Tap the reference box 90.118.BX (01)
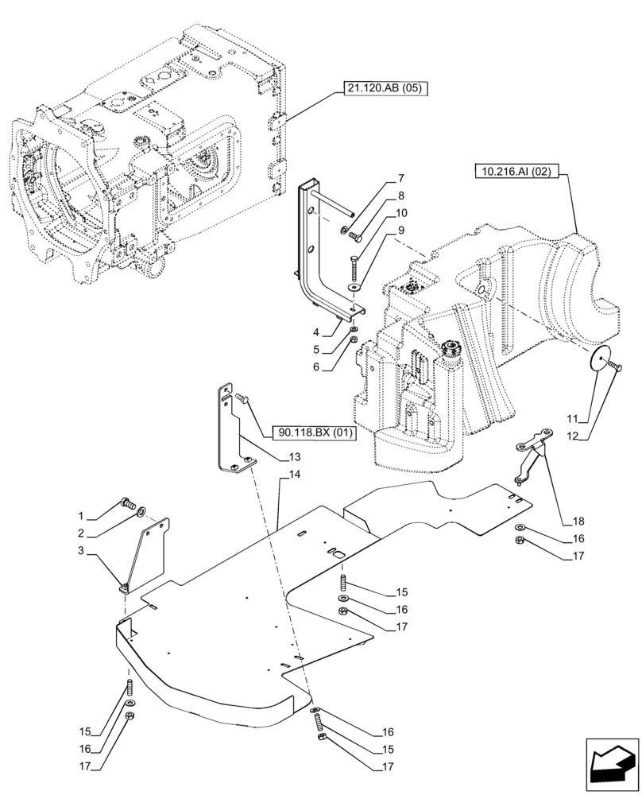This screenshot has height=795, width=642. click(315, 433)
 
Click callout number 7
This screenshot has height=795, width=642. click(400, 179)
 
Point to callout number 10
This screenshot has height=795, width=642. click(401, 213)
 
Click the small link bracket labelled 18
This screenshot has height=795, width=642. click(531, 454)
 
